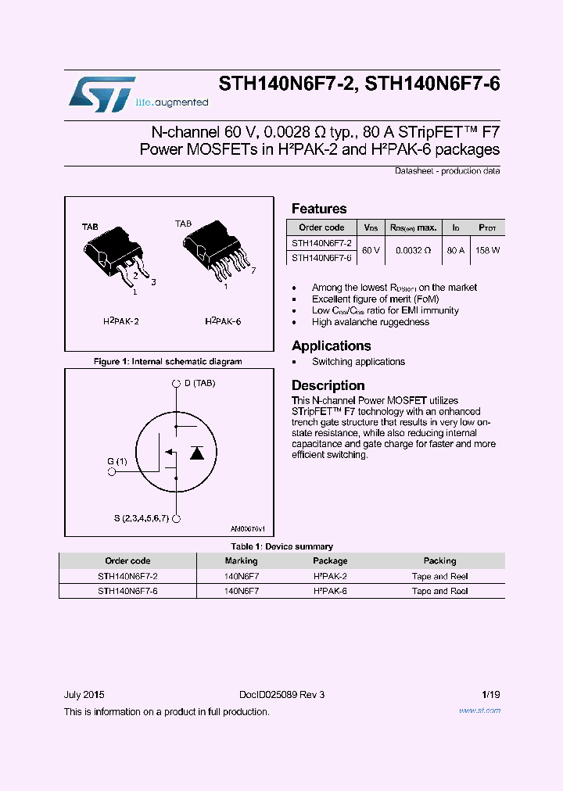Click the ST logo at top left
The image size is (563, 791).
tap(102, 93)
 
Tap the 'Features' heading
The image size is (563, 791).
tap(319, 209)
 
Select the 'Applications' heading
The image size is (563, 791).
tap(331, 345)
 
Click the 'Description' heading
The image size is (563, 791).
tap(328, 385)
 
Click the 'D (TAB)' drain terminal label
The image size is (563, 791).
tap(199, 383)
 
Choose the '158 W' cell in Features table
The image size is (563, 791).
tap(487, 250)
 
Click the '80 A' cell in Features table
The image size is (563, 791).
tap(455, 250)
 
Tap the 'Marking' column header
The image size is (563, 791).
tap(241, 560)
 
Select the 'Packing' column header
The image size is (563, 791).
tap(439, 560)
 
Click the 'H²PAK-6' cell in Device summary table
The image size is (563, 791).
tap(330, 591)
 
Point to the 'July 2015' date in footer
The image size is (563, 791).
tap(84, 695)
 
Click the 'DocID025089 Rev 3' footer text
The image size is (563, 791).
tap(281, 695)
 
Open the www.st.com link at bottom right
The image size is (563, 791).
tap(479, 710)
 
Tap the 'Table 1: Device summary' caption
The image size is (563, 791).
tap(281, 546)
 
